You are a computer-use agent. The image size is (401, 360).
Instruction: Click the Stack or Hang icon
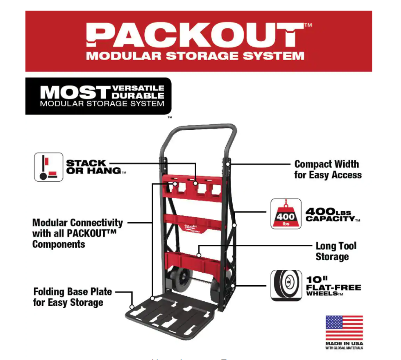(x=49, y=167)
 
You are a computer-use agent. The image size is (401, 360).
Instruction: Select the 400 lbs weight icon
(x=285, y=214)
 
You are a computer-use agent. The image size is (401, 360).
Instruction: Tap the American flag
(x=344, y=328)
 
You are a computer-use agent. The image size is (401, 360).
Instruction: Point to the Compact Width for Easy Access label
(x=327, y=170)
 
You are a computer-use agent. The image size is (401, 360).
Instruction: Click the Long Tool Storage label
(x=336, y=251)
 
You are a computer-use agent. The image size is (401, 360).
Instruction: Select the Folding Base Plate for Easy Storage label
(x=73, y=297)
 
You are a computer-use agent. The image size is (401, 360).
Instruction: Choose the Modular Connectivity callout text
(x=78, y=233)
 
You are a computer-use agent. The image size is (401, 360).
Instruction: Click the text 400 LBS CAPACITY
(x=332, y=215)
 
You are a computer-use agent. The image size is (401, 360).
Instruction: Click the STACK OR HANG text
(x=93, y=167)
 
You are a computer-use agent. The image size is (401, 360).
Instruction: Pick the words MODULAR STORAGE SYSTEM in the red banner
(x=195, y=56)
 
